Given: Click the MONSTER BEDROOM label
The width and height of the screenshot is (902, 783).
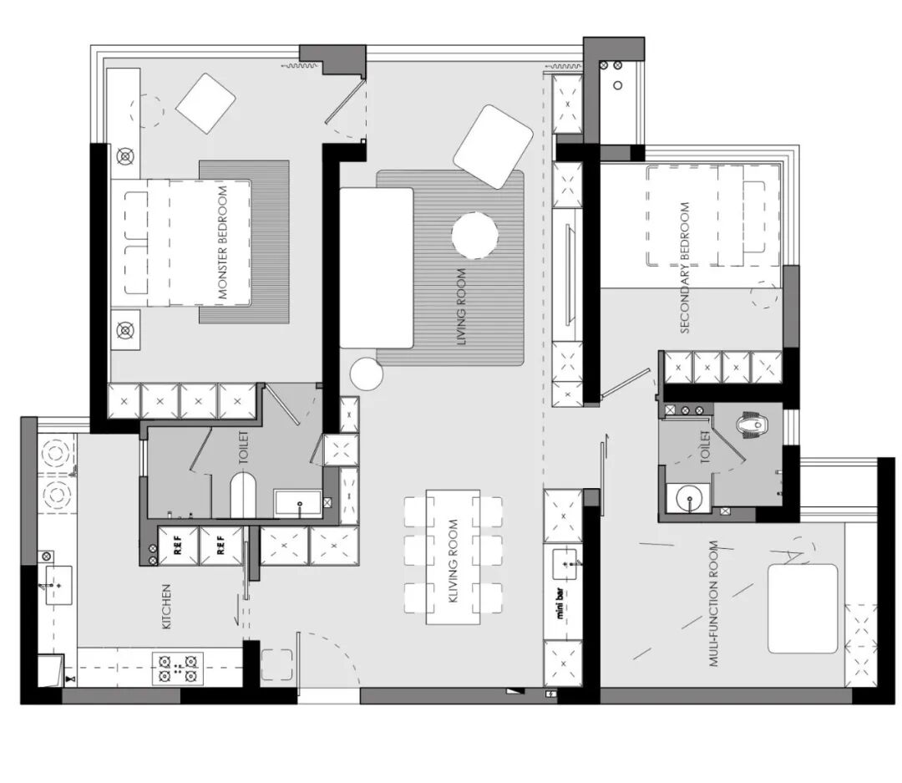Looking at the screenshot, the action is coord(223,242).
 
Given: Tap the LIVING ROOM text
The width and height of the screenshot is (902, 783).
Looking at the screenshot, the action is coord(461,308).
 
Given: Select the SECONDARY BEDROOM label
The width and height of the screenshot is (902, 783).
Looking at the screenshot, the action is coord(685,267).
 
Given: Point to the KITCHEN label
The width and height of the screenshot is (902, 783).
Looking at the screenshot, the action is coord(166,607).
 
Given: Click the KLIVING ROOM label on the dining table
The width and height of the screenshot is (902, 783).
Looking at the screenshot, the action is coord(453,562).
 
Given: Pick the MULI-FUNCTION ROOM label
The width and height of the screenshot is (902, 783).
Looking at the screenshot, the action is coord(713,603).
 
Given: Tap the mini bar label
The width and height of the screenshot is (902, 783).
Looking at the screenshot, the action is coord(560,604).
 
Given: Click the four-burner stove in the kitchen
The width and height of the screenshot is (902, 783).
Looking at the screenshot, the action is coord(178,668).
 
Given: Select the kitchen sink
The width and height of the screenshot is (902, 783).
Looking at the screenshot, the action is coord(58,585).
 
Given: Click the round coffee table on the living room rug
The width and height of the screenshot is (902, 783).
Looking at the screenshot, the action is coord(474,236).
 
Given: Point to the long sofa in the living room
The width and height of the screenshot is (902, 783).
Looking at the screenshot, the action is coord(376,267).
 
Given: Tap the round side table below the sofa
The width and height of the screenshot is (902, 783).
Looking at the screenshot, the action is coord(367,374).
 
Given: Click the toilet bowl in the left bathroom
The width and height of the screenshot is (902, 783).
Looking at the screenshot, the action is coord(243,495).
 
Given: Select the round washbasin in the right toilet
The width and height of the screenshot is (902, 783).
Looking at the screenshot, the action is coord(688,497).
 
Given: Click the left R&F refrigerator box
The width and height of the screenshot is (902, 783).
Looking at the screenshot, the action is coord(178,545).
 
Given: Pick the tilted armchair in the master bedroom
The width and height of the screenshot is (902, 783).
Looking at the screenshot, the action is coord(206,104).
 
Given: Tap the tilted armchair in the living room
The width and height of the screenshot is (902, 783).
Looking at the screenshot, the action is coord(493,146).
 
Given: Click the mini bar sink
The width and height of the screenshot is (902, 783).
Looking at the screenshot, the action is coord(567,564).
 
